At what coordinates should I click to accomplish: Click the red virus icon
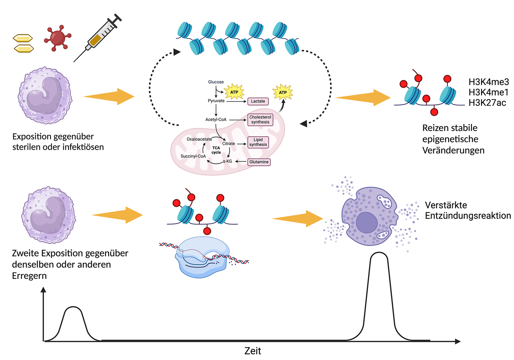(x=57, y=37)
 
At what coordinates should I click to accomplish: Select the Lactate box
(x=258, y=101)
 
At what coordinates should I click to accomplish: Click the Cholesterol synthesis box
(x=260, y=120)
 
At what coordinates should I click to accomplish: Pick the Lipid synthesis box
(x=258, y=142)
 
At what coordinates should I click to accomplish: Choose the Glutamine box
(x=259, y=162)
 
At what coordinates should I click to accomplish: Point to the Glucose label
(x=216, y=82)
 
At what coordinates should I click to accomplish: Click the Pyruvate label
(x=216, y=101)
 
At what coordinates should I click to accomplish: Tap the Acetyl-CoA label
(x=216, y=120)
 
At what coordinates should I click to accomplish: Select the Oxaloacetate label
(x=199, y=139)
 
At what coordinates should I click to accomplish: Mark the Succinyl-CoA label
(x=193, y=156)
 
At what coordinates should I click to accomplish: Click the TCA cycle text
(x=216, y=150)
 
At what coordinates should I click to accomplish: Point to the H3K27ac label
(x=487, y=103)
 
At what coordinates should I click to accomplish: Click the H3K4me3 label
(x=489, y=82)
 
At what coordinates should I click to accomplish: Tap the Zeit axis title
(x=253, y=351)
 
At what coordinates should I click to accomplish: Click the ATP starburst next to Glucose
(x=234, y=92)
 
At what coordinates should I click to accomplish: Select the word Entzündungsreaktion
(x=468, y=216)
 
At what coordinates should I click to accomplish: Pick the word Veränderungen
(x=453, y=151)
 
